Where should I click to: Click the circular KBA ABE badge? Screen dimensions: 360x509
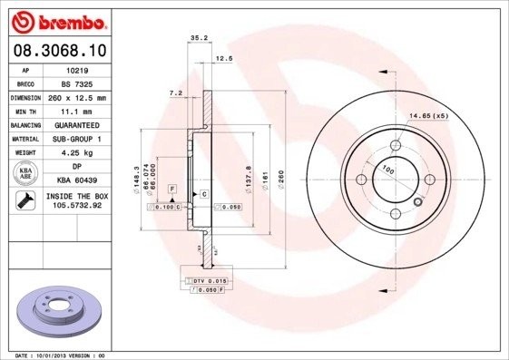click(25, 173)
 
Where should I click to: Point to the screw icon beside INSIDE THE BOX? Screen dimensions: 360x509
click(25, 199)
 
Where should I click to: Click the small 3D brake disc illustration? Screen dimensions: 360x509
click(56, 311)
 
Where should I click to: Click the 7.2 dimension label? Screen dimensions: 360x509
click(176, 92)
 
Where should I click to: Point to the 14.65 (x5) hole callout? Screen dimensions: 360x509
click(428, 116)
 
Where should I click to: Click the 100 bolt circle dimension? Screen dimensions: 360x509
click(387, 170)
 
